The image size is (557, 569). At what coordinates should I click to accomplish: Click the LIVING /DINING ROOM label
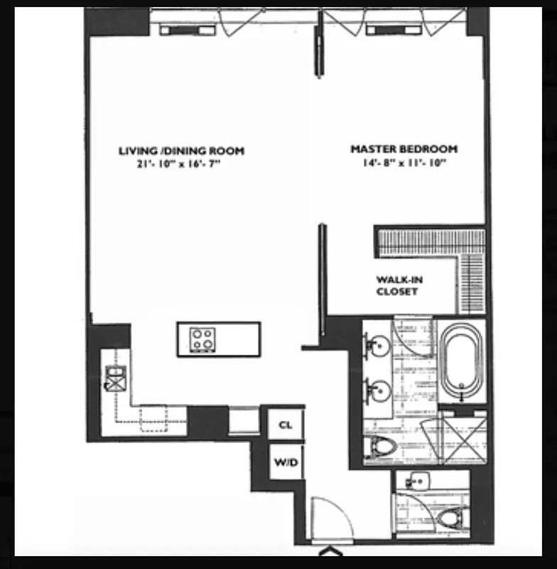(180, 151)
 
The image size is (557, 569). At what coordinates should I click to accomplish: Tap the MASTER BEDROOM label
(404, 149)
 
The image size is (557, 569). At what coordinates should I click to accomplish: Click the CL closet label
(286, 425)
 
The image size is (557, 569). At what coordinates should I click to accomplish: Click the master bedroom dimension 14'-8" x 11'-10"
(404, 163)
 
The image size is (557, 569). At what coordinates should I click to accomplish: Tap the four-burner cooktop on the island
(202, 339)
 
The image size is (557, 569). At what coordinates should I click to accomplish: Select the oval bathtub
(461, 363)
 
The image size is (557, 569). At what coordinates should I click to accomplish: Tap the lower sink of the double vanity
(379, 390)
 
